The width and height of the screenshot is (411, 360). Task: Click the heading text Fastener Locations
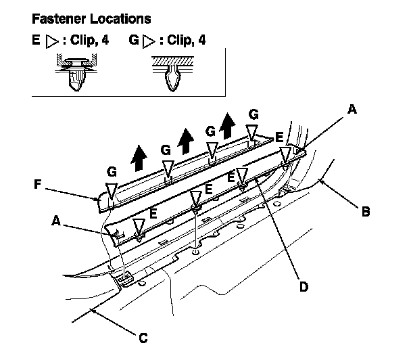91,18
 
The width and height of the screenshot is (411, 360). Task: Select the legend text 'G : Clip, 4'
168,41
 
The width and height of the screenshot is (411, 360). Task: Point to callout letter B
366,211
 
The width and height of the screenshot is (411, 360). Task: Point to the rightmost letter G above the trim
253,114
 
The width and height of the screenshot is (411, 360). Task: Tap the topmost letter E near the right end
279,137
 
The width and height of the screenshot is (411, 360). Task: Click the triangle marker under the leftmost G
111,189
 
